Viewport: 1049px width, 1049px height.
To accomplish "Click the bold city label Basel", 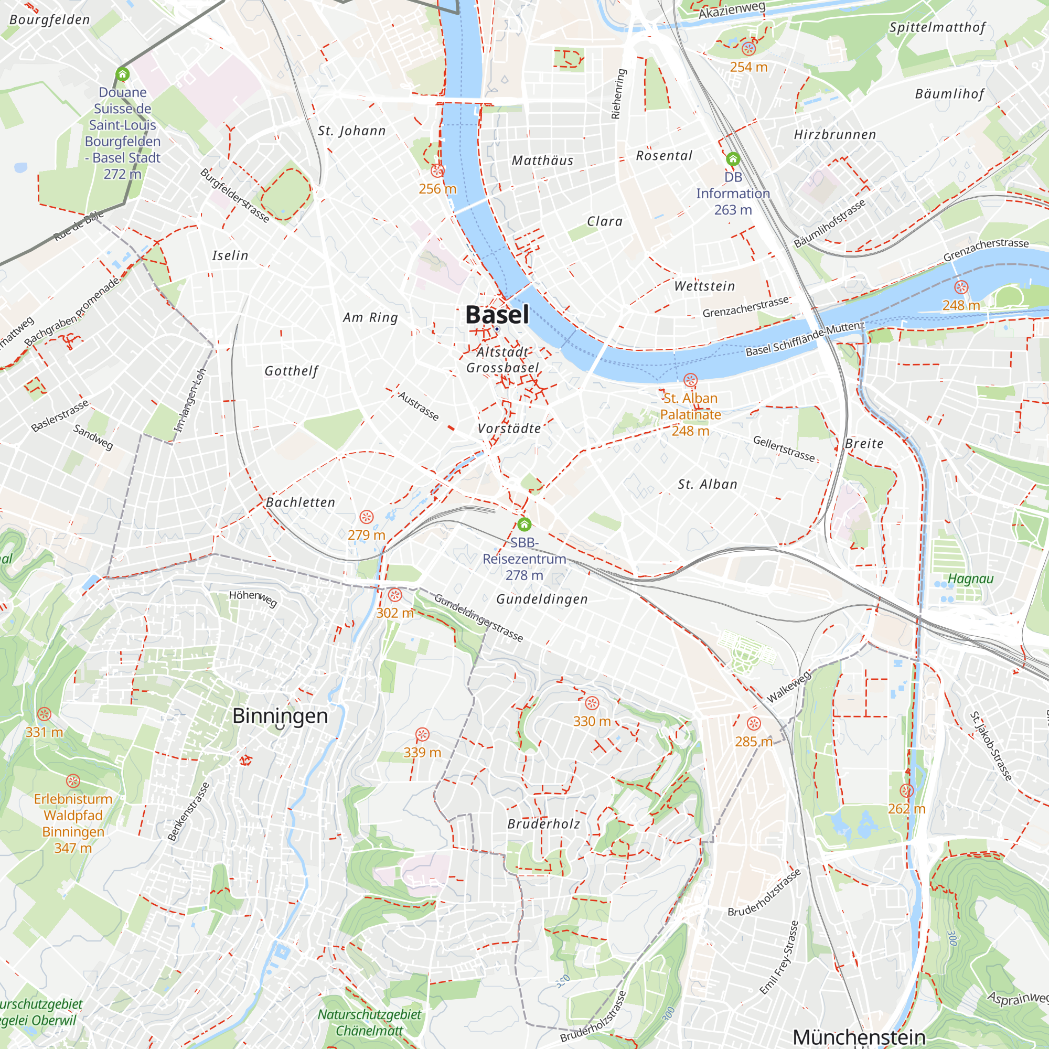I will point(497,315).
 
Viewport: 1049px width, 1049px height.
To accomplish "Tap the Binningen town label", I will point(280,715).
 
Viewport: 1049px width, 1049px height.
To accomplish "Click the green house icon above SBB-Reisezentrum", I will point(524,524).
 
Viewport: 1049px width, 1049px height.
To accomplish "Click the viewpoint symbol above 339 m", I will point(422,735).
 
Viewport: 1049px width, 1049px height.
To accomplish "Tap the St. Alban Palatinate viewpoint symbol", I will point(690,380).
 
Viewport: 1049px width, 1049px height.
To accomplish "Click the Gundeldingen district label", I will point(542,599).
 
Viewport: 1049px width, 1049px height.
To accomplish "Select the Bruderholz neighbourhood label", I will point(543,824).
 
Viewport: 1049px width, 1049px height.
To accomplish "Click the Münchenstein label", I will point(859,1036).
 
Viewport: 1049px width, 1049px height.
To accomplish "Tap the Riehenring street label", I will point(618,94).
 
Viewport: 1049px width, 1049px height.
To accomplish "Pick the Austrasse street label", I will point(418,405).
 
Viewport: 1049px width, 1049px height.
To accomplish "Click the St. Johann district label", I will point(352,131).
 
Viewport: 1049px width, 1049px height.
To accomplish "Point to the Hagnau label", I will point(971,579).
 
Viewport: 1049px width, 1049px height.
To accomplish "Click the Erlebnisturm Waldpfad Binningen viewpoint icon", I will point(73,782).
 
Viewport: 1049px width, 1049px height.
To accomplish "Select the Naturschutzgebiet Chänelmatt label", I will point(369,1022).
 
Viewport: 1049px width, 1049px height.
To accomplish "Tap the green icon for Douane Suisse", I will point(123,74).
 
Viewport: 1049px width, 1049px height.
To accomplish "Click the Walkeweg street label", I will point(788,686).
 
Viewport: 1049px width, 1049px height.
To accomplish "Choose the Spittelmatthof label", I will point(937,28).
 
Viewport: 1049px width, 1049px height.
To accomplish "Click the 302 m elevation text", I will point(395,613).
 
